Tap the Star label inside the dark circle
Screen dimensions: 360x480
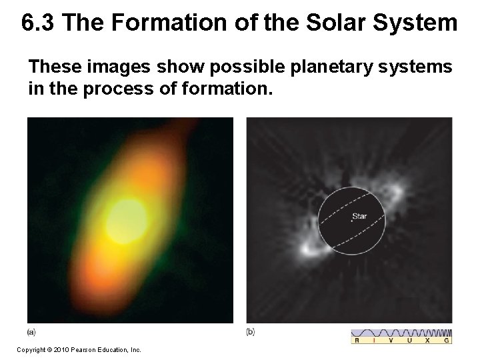[359, 216]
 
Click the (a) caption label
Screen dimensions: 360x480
[31, 331]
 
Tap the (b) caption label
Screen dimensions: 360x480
[250, 331]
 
